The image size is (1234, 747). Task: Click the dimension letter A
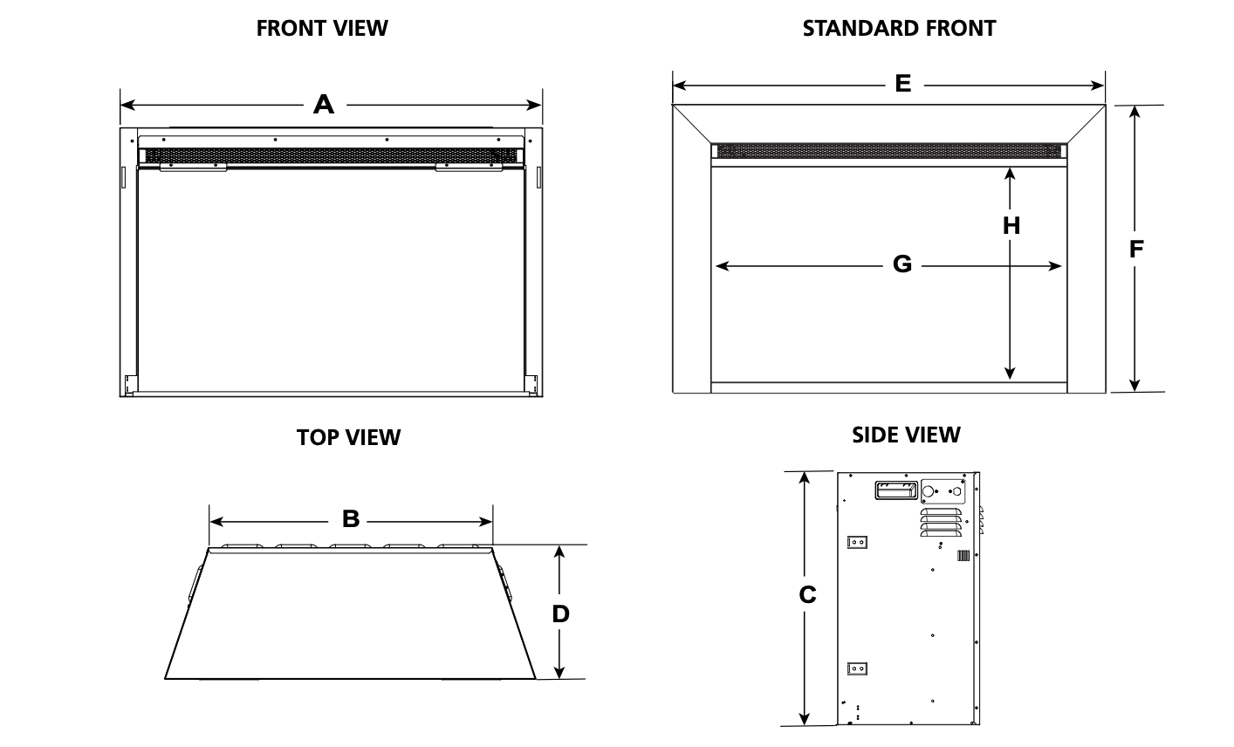pos(324,104)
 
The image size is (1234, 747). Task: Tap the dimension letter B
pos(351,519)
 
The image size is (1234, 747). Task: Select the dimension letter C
pos(807,594)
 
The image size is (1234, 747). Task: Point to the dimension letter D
pos(560,613)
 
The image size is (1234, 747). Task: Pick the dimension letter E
pos(902,84)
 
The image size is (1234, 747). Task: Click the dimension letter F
pos(1136,249)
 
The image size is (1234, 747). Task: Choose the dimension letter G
pos(902,264)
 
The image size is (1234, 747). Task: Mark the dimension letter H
pos(1011,226)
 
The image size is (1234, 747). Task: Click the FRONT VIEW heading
pos(322,29)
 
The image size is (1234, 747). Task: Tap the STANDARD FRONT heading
pos(899,29)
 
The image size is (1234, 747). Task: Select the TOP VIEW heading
pos(349,437)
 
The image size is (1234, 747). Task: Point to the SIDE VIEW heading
pos(906,435)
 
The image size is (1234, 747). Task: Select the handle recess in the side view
pos(896,490)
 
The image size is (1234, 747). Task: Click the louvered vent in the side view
pos(941,522)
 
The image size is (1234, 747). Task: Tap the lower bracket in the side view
pos(857,668)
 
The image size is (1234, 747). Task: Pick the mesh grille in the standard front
pos(888,151)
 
